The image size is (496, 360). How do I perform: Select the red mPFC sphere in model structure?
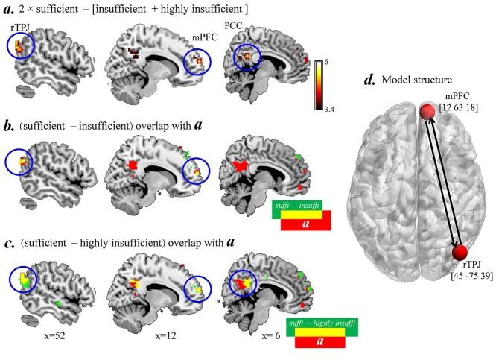427,113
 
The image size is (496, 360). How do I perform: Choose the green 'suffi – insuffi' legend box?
300,206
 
